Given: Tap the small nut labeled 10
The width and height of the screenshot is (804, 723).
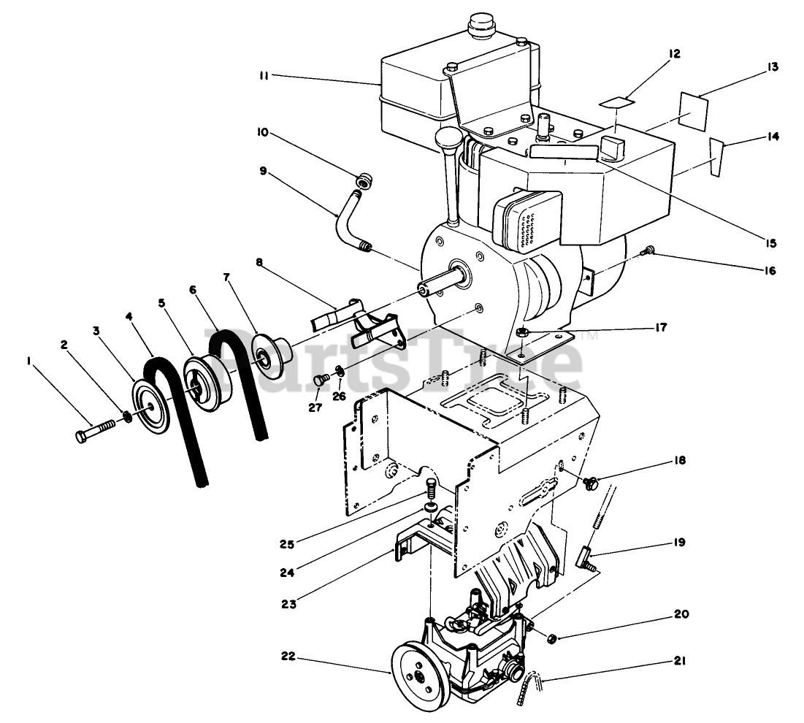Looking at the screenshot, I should (x=360, y=180).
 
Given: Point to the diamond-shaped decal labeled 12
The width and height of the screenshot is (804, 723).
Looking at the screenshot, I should (x=616, y=102).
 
